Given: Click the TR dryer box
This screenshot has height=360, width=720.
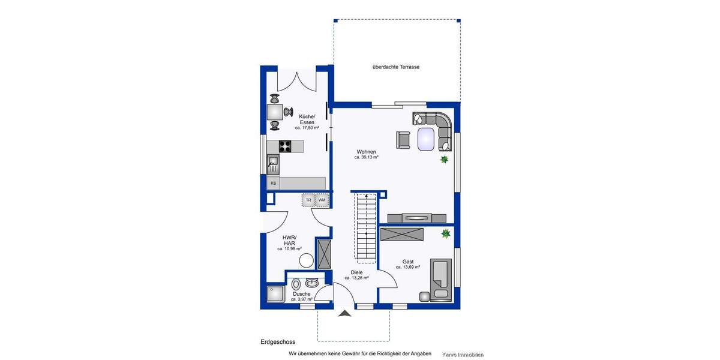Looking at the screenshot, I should tap(308, 200).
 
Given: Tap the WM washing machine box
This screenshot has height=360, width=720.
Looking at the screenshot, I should tap(322, 200).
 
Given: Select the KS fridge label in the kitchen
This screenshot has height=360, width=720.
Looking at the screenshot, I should tap(273, 183).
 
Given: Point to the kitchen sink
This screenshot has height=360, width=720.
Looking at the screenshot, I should tap(273, 164).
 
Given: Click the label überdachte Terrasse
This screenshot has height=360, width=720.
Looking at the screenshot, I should tap(395, 67).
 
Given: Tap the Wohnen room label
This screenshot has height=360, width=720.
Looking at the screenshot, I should tap(366, 152).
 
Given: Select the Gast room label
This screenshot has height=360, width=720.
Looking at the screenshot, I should tap(408, 262).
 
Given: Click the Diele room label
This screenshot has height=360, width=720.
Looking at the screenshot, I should tap(356, 272).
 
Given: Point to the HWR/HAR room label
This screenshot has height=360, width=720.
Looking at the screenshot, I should tap(289, 240).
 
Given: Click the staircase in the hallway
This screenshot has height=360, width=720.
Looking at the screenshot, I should tap(365, 227).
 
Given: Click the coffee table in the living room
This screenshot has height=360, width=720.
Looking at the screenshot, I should tap(427, 138).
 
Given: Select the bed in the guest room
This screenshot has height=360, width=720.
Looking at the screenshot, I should tap(440, 278).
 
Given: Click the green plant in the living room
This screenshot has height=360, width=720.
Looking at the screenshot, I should tap(445, 160).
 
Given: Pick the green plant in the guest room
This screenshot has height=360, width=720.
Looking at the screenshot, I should tap(446, 233).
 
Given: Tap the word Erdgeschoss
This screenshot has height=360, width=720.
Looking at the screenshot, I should tap(277, 342).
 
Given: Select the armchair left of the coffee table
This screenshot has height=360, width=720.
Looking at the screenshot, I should tap(403, 139).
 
